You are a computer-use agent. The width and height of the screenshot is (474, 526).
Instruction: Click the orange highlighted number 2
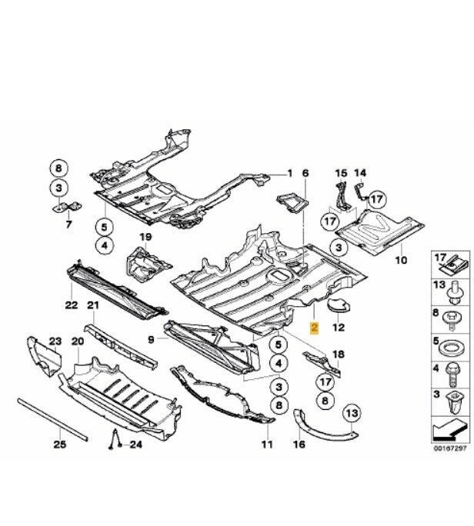click(x=313, y=328)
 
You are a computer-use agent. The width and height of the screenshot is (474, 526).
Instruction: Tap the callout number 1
click(x=290, y=172)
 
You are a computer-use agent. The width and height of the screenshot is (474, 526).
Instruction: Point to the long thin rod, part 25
click(x=54, y=421)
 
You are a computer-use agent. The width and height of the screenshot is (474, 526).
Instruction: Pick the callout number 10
click(x=400, y=261)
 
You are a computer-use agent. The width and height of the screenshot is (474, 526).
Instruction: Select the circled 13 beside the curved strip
click(x=352, y=414)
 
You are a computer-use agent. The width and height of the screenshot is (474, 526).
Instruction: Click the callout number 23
click(x=55, y=341)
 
